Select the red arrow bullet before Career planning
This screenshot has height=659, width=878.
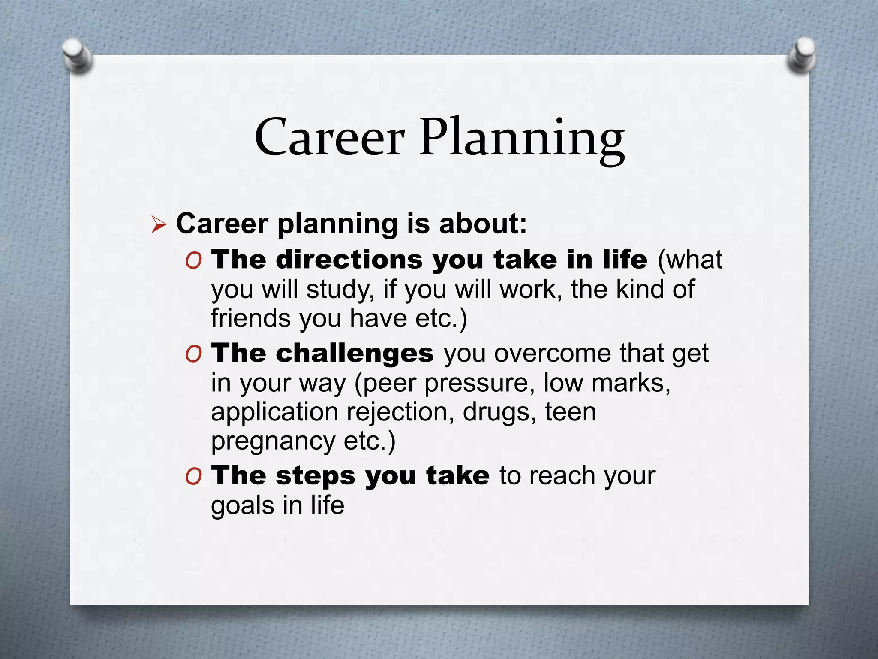[x=159, y=225]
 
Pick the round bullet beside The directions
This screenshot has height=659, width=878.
[x=194, y=261]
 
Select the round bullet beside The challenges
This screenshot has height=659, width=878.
[x=194, y=354]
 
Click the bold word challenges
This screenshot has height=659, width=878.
[x=355, y=354]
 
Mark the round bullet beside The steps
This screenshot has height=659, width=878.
[x=194, y=476]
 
